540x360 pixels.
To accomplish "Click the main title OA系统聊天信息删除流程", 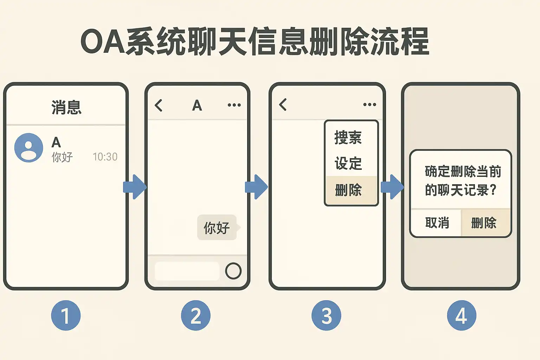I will click(x=255, y=41).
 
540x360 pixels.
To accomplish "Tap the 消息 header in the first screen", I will click(x=66, y=107).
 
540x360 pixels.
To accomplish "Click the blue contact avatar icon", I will click(x=28, y=148).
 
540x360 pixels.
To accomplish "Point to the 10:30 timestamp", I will click(x=105, y=157).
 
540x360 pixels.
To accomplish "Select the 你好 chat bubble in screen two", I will click(x=217, y=227).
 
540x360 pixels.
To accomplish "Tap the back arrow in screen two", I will click(x=159, y=105).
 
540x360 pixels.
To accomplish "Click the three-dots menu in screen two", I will click(x=234, y=105).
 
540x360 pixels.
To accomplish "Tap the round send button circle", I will click(x=233, y=271).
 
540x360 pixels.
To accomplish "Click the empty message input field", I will click(x=187, y=271).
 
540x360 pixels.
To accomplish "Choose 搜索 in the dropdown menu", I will click(x=348, y=137).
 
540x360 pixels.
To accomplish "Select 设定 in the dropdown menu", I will click(x=348, y=163).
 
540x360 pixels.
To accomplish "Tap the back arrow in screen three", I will click(x=283, y=104).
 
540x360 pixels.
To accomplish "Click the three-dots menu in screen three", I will click(x=369, y=105).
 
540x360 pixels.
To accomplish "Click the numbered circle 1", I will click(x=66, y=315).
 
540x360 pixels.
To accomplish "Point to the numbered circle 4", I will click(x=462, y=315).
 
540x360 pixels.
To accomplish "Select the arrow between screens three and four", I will click(x=392, y=187).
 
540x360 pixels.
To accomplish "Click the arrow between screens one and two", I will click(x=135, y=187).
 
